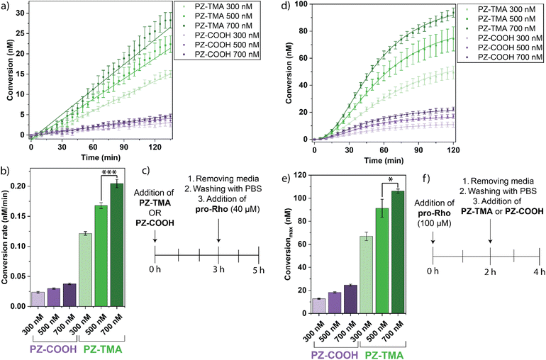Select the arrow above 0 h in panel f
click(x=433, y=243)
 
